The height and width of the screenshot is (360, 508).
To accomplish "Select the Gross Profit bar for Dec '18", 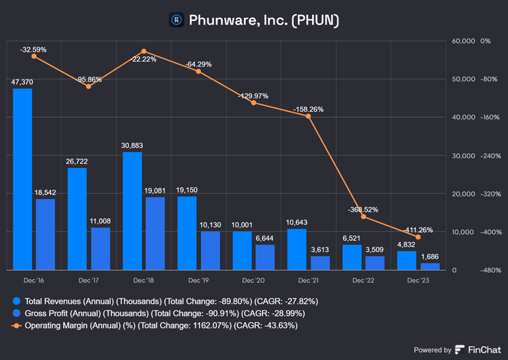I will click(155, 233).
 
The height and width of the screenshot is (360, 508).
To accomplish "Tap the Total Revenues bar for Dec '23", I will click(407, 260).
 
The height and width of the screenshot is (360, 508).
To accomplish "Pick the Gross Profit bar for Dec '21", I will click(320, 263).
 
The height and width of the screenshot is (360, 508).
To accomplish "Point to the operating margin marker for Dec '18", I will click(144, 51).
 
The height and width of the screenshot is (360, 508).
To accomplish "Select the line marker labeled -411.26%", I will click(418, 237).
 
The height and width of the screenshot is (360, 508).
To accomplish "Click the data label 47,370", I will click(22, 82).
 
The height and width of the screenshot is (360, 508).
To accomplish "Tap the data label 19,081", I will click(155, 190).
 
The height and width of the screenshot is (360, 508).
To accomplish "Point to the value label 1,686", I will click(430, 256).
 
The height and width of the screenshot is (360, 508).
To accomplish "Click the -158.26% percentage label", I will click(308, 109).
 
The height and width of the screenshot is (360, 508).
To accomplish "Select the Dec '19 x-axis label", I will click(199, 280).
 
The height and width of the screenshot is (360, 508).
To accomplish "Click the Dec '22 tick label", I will click(363, 280).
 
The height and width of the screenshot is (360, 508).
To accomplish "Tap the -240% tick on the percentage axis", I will click(490, 156).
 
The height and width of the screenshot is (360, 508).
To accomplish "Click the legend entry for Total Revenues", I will click(164, 301).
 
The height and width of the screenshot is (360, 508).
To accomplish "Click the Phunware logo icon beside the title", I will click(177, 20).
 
